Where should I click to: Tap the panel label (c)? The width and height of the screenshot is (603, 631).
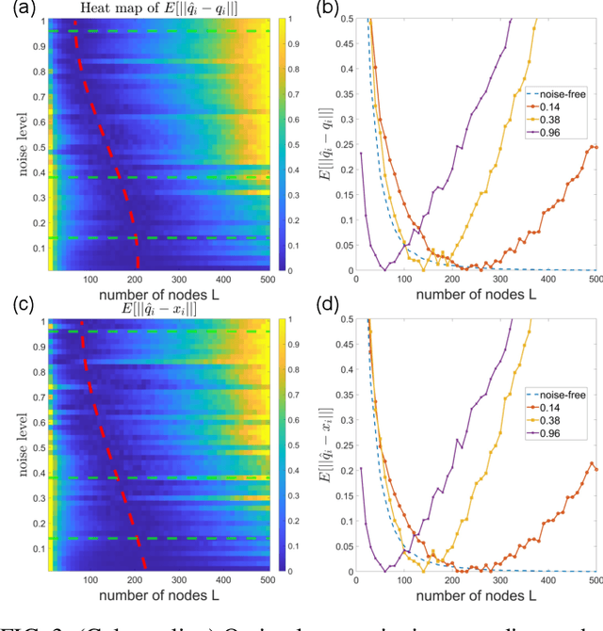pyautogui.click(x=19, y=303)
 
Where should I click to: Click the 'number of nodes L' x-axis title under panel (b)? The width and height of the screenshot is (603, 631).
pyautogui.click(x=476, y=294)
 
